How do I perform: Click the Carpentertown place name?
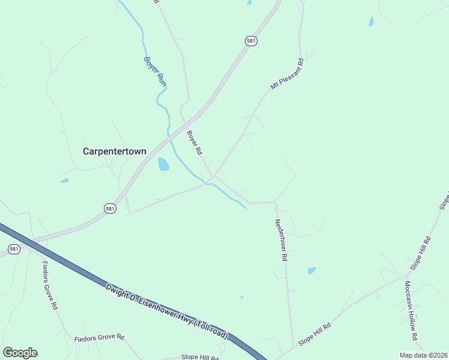(x=114, y=152)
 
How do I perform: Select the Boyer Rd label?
(x=193, y=143)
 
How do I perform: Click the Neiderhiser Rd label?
(x=281, y=239)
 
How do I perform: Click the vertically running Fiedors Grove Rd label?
(x=49, y=284)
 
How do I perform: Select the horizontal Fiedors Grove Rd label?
(x=98, y=338)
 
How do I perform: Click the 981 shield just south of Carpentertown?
(x=109, y=208)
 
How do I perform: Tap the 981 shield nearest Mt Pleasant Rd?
(x=252, y=40)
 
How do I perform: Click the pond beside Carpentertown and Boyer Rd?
(x=163, y=164)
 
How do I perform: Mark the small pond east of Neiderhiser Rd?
(x=312, y=271)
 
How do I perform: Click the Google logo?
(x=20, y=353)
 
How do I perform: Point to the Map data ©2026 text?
(x=423, y=355)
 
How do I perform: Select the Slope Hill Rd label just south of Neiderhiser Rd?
(x=315, y=334)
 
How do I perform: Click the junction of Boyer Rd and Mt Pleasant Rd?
(x=213, y=177)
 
